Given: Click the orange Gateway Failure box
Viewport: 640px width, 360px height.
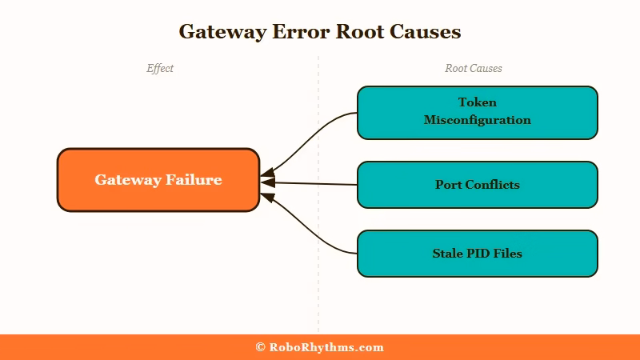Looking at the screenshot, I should point(158,180).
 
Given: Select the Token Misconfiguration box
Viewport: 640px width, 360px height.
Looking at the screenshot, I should point(477,112).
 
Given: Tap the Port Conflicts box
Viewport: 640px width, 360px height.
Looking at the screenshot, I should point(477,185).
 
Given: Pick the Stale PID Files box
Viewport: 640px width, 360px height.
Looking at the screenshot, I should point(477,254).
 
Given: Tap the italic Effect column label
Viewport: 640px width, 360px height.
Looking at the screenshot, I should point(160,69).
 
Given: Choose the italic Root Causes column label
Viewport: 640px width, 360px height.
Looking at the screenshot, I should point(474,69).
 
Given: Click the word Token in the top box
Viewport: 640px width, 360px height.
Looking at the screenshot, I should point(478,102).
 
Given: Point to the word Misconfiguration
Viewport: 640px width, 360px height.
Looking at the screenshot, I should point(478,120).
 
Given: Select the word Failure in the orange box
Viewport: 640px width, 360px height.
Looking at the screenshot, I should point(194,180).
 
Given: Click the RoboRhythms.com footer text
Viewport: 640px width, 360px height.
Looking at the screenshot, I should point(326,347).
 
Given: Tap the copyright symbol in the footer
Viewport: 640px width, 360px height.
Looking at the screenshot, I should point(260,347).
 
